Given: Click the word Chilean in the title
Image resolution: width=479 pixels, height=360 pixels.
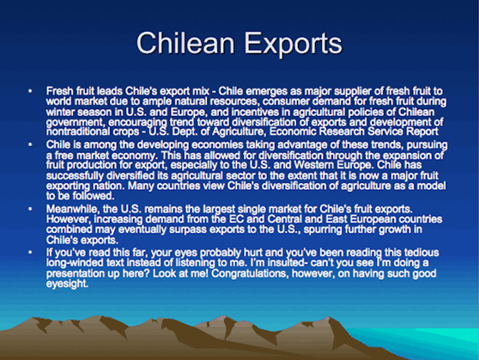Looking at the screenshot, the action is click(185, 43).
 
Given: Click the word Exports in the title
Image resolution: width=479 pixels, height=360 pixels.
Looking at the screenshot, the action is click(294, 45).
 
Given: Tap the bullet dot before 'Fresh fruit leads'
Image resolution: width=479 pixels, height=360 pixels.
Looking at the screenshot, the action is click(30, 91).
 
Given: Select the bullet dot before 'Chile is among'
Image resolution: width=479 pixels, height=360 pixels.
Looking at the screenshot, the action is click(30, 144).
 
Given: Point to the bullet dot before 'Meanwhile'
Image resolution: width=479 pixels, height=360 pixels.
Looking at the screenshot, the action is click(30, 209).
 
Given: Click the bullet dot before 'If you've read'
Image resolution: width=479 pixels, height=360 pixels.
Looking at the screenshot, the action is click(30, 253).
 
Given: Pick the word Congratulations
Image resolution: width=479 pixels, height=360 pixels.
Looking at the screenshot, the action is click(250, 273).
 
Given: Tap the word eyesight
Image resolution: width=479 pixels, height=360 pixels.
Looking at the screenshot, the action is click(67, 284).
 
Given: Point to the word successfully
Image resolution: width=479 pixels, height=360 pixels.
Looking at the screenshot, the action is click(75, 176).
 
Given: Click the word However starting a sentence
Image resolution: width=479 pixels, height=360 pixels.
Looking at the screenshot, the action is click(69, 219).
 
